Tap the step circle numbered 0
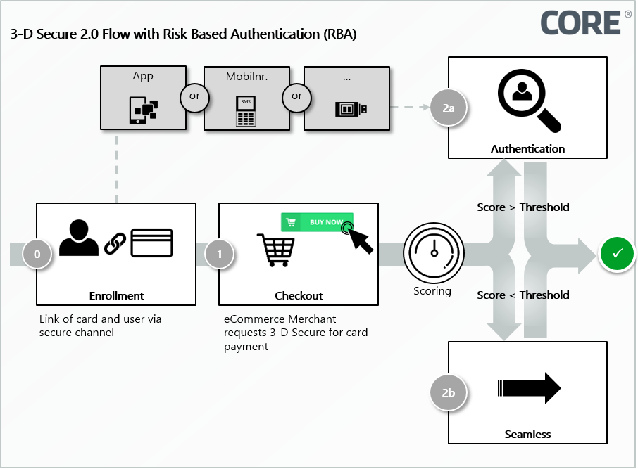coord(37,254)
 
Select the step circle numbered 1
coord(219,254)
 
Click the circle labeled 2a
coord(449,108)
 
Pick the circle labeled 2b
coord(449,392)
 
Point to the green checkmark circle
coord(617,254)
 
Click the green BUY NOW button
coord(317,222)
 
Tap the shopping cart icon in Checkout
coord(275,250)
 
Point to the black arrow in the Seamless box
coord(529,388)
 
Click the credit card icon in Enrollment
coord(151,243)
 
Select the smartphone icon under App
coord(143,110)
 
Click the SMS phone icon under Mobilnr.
coord(246,111)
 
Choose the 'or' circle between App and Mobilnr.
coord(195,97)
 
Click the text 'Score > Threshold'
coord(523,207)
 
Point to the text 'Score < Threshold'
coord(523,295)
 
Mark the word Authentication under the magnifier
coord(527,149)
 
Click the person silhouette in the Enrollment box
coord(80,238)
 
